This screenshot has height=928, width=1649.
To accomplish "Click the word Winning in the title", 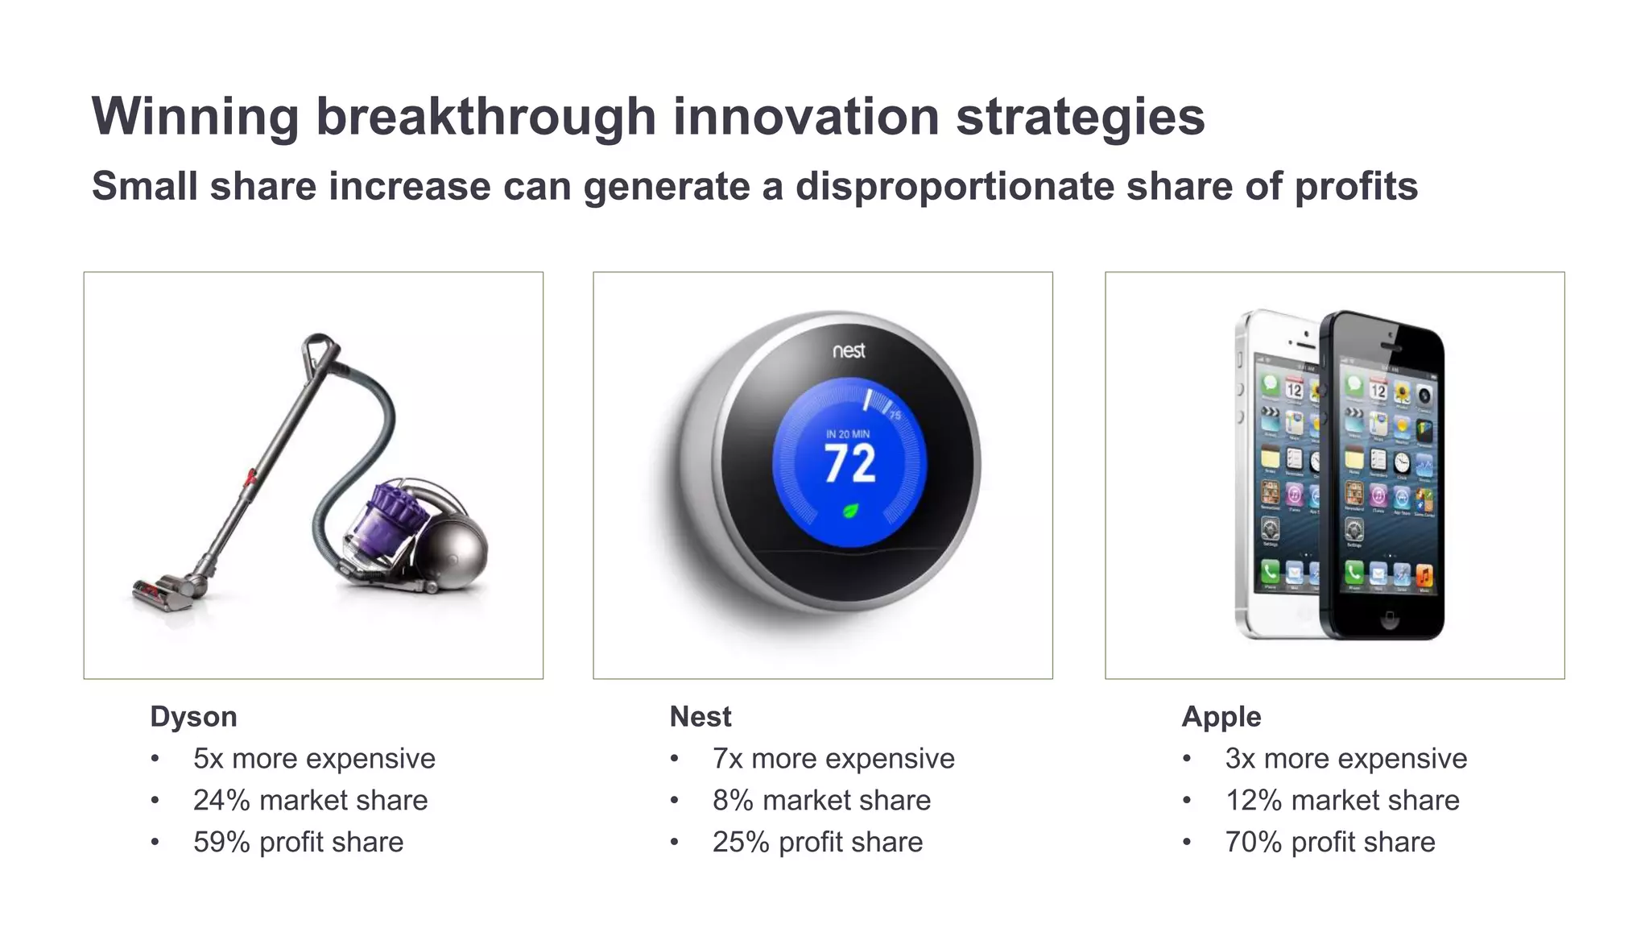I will click(x=196, y=117).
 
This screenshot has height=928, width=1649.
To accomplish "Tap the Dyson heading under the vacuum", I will click(x=193, y=716).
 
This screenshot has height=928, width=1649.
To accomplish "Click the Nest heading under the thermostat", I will click(x=700, y=716).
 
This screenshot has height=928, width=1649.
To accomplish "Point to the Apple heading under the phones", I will click(x=1221, y=716).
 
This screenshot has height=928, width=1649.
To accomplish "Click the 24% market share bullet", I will click(x=310, y=800).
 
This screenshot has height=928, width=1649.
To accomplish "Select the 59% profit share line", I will click(x=298, y=842).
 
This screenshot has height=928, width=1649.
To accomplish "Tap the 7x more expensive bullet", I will click(x=833, y=758).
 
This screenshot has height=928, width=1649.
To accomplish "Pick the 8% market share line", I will click(x=820, y=800).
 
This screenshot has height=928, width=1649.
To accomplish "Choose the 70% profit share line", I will click(x=1329, y=842).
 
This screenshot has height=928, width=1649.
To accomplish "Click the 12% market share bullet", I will click(x=1341, y=800).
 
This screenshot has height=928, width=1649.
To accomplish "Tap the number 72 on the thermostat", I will click(x=849, y=464).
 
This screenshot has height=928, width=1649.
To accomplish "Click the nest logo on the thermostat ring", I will click(x=849, y=350).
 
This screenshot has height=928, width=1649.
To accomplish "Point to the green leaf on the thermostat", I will click(x=849, y=510).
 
